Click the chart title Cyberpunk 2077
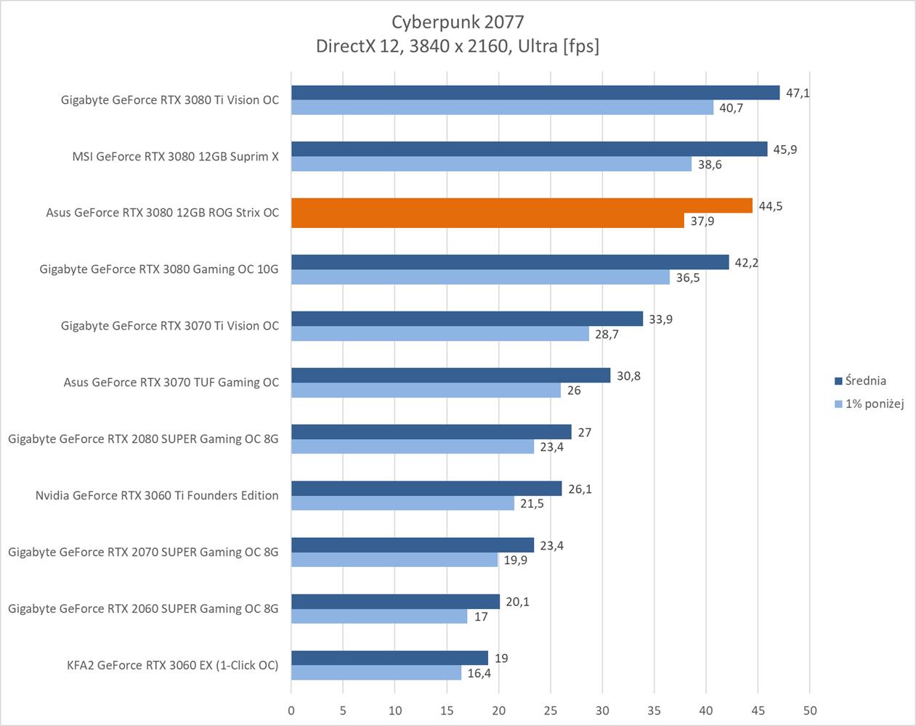(x=457, y=22)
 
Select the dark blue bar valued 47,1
(x=535, y=93)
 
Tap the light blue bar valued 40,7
(x=502, y=107)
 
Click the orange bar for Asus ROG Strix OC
(x=522, y=206)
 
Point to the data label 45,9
(x=785, y=150)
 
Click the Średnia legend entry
(x=865, y=380)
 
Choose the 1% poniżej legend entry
(x=874, y=404)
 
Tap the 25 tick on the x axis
(x=551, y=710)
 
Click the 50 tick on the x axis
(x=810, y=710)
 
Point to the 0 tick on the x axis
(x=291, y=710)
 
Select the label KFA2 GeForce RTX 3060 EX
(x=172, y=665)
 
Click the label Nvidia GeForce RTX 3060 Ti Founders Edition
(x=157, y=495)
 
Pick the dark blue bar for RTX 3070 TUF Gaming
(x=450, y=375)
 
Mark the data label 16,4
(x=479, y=673)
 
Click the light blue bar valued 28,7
(x=439, y=333)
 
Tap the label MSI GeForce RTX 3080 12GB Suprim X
(x=175, y=156)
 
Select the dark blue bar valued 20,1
(x=395, y=602)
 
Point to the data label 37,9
(x=702, y=221)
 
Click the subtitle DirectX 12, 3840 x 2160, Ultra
(x=457, y=46)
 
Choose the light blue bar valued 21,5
(x=402, y=503)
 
